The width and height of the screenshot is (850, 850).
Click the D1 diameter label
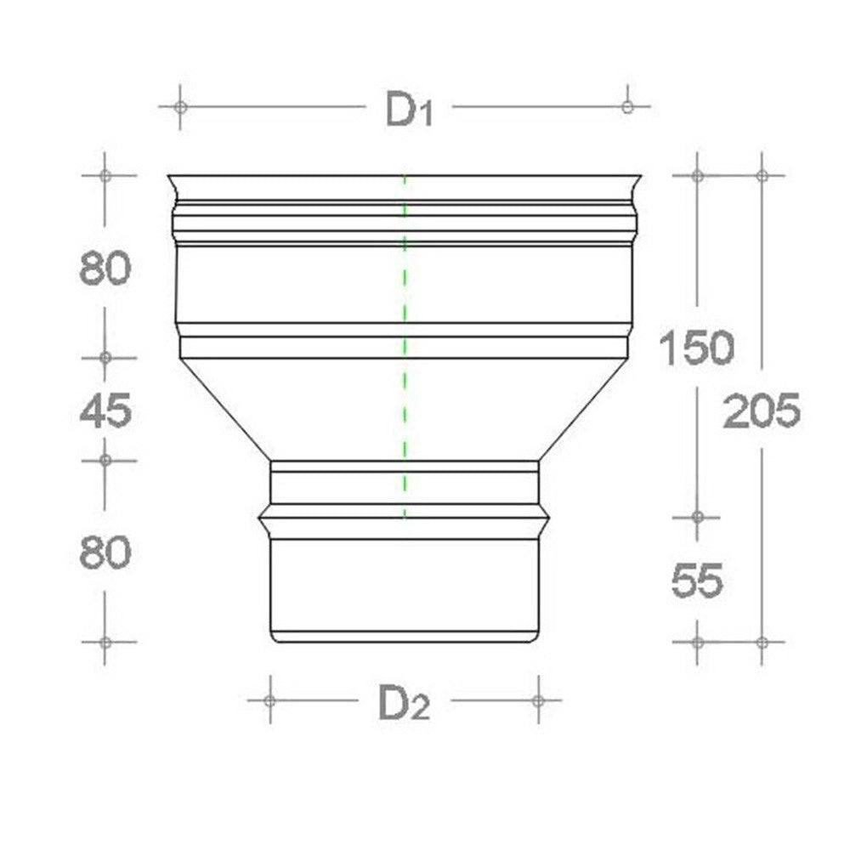tap(410, 110)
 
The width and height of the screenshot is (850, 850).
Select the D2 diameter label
tap(404, 703)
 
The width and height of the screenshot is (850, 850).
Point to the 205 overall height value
tap(762, 411)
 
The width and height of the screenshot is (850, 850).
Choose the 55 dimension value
tap(697, 581)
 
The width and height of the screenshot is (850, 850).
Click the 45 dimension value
tap(105, 411)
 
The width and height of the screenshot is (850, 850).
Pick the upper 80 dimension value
tap(105, 269)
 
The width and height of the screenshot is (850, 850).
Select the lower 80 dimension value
tap(105, 554)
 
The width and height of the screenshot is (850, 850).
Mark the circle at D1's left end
tap(180, 107)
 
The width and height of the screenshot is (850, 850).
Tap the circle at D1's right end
tap(627, 107)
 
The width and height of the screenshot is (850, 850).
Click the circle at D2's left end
tap(269, 700)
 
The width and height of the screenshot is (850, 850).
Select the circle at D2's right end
tap(538, 700)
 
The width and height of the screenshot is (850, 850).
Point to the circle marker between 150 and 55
tap(697, 516)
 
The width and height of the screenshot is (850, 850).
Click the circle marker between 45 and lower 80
tap(105, 460)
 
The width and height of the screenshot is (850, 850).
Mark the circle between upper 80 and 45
tap(105, 358)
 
